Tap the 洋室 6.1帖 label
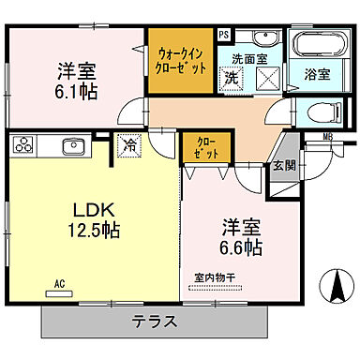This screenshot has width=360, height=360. [x=80, y=80]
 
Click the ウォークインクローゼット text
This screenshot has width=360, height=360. [x=178, y=61]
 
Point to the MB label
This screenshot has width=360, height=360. [x=326, y=139]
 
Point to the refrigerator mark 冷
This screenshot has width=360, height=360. [x=128, y=146]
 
